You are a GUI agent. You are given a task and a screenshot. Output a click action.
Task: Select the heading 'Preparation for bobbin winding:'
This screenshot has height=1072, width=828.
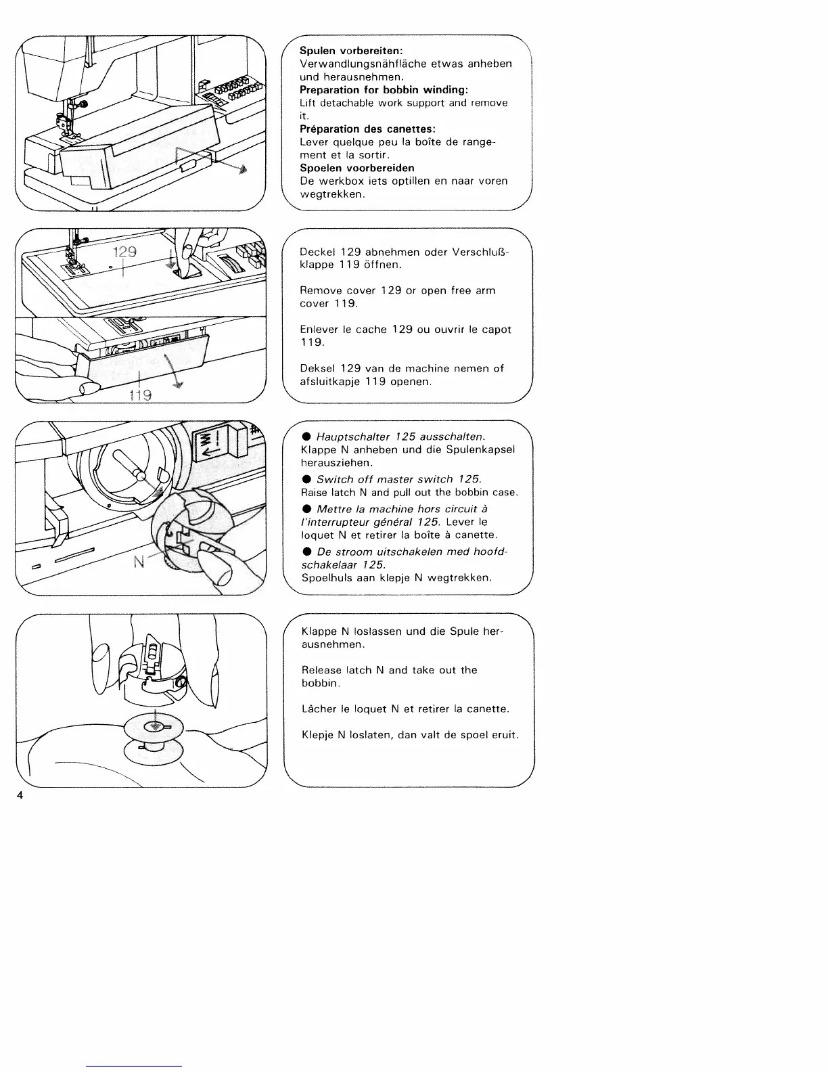(384, 90)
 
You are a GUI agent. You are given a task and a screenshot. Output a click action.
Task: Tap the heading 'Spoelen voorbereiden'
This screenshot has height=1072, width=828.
(356, 168)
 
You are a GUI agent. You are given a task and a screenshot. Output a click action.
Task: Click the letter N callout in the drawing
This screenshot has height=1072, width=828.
(141, 562)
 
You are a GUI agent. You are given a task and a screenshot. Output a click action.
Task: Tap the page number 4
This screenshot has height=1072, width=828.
(20, 797)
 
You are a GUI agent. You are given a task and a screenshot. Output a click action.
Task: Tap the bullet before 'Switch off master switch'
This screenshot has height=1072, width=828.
(306, 479)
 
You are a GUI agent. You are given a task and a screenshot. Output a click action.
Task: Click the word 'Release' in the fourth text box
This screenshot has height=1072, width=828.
(321, 670)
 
